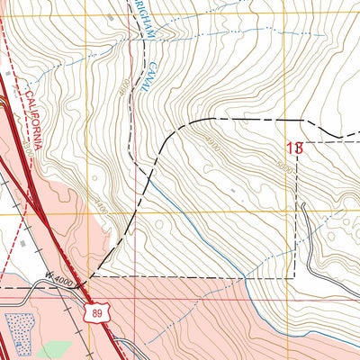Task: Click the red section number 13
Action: click(294, 148)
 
